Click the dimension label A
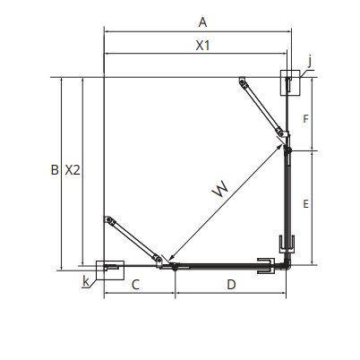coord(202,22)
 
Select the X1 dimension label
coord(203,46)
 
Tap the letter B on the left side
coord(55,170)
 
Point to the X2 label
coord(73,170)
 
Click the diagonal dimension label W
coord(221,189)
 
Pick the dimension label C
coord(135,285)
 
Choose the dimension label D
coord(231,285)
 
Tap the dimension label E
coord(305,204)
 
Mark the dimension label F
coord(305,119)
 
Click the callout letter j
coord(310,62)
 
